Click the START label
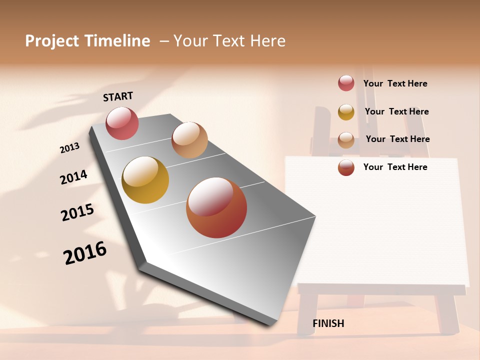pos(118,96)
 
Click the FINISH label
pos(328,323)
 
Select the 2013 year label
pos(70,147)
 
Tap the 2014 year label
pos(73,177)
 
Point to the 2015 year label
pos(77,212)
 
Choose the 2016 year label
pos(85,253)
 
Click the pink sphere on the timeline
pos(122,123)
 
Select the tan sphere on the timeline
pos(189,139)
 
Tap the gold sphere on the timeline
pos(145,180)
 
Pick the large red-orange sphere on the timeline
pos(216,207)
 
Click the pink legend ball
pos(346,83)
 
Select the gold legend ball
pos(346,112)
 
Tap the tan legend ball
pos(346,140)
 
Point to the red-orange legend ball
pos(346,168)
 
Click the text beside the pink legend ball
pos(395,83)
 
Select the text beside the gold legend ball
pos(396,111)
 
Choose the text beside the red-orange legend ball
pos(395,167)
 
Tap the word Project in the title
pos(52,41)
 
